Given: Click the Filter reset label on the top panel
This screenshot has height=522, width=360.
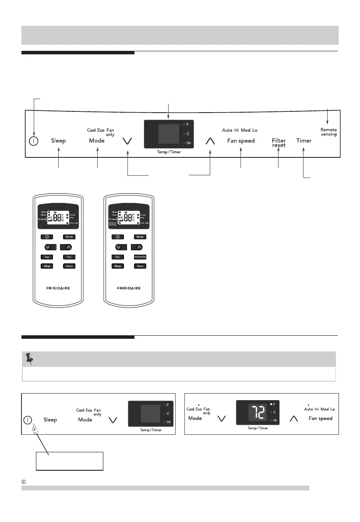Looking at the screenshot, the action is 279,143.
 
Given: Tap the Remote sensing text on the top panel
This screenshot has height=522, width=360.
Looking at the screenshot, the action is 328,132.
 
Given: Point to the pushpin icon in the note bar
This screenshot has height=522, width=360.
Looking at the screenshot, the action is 30,359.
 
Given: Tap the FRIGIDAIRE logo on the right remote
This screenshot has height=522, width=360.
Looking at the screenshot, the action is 129,289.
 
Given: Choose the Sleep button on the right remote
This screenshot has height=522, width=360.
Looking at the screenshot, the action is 117,266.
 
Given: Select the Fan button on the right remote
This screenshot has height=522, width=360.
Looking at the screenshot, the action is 117,256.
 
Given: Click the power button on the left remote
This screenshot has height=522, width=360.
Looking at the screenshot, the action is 46,237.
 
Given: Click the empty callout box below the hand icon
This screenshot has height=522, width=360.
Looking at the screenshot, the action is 69,461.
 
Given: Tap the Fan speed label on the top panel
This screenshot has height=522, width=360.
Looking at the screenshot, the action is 241,141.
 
